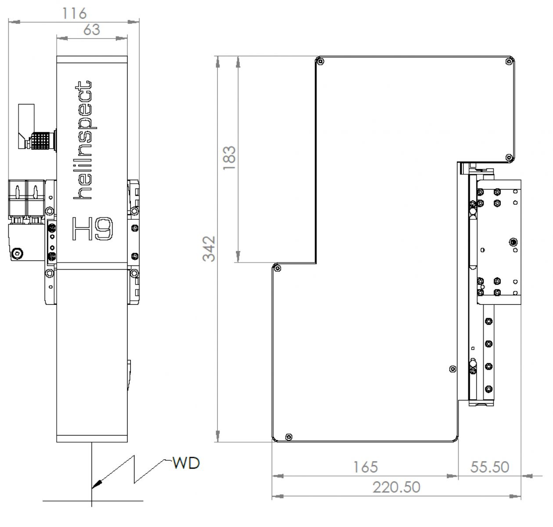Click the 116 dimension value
click(x=74, y=13)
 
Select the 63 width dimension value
click(x=91, y=29)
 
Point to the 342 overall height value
click(x=210, y=248)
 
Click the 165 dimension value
click(x=365, y=466)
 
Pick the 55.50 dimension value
click(x=489, y=466)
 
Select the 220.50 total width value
click(x=396, y=487)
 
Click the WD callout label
click(x=186, y=463)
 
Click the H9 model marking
click(x=93, y=229)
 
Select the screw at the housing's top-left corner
click(x=320, y=61)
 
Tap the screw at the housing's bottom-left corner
click(x=288, y=436)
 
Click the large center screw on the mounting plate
click(x=513, y=242)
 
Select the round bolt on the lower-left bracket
click(x=17, y=253)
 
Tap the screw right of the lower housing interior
click(x=452, y=368)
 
